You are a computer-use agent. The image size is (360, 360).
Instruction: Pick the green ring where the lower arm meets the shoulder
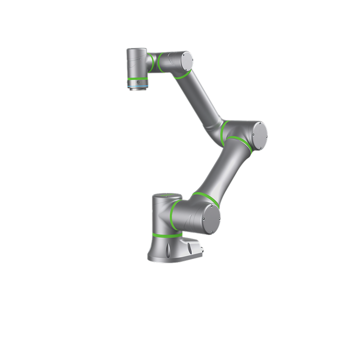(205, 197)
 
